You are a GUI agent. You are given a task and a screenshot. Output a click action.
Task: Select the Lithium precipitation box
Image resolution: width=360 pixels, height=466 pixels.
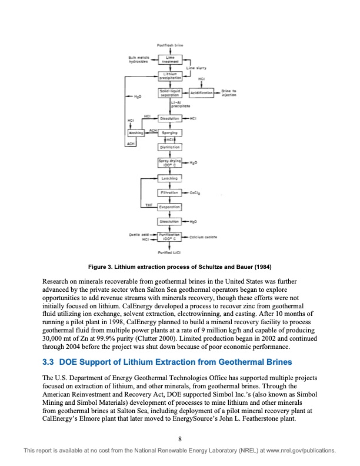coord(169,75)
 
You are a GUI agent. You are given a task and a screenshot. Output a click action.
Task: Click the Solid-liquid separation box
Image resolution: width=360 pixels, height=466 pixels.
coord(169,93)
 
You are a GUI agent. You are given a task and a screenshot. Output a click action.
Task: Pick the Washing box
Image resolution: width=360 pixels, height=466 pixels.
coord(136,133)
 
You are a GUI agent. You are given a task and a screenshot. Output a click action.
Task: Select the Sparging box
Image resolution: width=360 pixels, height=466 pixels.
coord(169,133)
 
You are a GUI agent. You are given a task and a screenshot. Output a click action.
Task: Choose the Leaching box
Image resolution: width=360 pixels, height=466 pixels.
coord(169,178)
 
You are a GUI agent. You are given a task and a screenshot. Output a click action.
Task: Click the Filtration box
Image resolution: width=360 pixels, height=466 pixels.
coord(169,192)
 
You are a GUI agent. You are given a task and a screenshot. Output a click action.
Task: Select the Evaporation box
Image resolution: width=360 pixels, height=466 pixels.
coord(169,207)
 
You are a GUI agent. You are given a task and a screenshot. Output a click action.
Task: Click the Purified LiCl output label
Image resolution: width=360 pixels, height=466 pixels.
coord(169,252)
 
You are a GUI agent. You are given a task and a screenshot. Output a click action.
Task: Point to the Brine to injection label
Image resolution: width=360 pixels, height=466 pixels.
coord(229,93)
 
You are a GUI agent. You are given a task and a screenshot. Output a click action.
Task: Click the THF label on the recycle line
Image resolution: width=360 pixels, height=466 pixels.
coord(149,204)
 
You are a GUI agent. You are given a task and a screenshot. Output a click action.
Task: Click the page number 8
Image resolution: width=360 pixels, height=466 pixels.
coord(180,438)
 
